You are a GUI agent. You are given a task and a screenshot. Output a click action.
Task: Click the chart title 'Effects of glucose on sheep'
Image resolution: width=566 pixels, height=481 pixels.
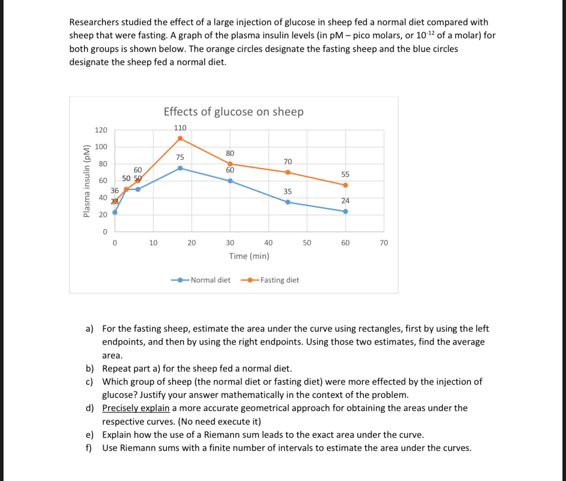233,112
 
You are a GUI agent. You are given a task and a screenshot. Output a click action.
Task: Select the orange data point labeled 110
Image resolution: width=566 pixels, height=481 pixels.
180,139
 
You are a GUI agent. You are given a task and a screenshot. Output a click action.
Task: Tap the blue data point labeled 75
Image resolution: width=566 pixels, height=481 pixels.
180,168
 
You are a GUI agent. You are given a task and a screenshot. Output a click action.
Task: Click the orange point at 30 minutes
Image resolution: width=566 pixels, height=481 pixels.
230,164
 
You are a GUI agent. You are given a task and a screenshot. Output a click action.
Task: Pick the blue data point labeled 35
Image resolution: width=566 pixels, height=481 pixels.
288,202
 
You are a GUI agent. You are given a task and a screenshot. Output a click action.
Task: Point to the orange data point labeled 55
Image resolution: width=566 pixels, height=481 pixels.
345,185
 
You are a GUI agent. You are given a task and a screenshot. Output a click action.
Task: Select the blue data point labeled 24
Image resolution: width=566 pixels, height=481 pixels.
345,211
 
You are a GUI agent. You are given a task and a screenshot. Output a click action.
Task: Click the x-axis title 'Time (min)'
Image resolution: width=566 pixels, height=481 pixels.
249,256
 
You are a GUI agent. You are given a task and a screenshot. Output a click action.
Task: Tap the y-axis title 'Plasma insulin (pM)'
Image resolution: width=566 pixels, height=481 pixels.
87,181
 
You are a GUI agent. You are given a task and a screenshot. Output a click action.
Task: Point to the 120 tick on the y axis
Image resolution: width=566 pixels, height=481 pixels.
101,130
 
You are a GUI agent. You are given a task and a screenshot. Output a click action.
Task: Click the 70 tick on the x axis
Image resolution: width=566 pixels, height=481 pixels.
383,243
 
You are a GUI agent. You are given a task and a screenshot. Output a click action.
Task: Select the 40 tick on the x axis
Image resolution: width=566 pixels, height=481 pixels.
268,243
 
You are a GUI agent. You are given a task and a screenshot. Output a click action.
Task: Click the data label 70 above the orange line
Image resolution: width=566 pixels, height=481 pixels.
288,162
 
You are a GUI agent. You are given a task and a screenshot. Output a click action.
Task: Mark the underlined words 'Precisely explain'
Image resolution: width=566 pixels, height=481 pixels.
136,408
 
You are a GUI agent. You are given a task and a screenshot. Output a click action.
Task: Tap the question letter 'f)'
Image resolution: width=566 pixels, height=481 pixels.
89,448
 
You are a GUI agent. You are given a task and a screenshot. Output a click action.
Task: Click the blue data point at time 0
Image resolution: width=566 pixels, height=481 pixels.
115,212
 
